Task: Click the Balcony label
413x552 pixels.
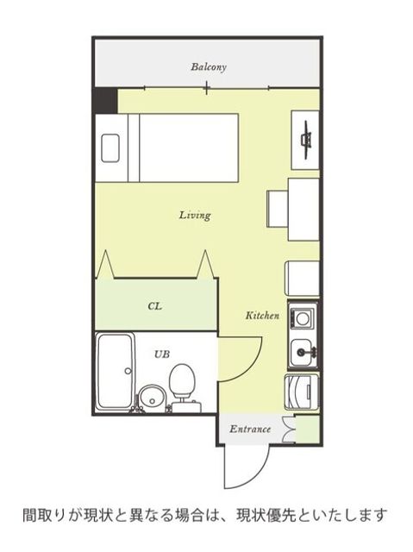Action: click(209, 67)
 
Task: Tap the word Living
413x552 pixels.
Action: click(195, 215)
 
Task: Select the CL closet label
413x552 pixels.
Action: click(155, 306)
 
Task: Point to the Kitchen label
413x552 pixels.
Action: click(262, 316)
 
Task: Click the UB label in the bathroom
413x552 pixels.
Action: click(162, 354)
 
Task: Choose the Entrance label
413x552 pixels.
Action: click(250, 430)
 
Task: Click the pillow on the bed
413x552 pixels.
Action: click(110, 148)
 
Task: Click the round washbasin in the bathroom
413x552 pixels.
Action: click(151, 398)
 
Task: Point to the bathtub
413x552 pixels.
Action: click(115, 372)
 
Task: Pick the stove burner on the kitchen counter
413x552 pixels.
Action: click(302, 318)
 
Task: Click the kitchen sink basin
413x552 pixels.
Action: click(303, 353)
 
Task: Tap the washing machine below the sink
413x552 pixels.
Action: click(302, 392)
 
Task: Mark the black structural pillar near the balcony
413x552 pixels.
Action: click(105, 100)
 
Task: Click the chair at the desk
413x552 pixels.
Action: click(278, 209)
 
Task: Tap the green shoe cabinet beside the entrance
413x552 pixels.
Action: click(307, 429)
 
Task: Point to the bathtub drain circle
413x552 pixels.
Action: click(128, 371)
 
